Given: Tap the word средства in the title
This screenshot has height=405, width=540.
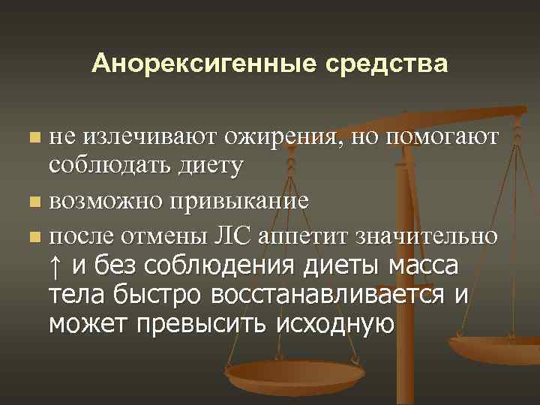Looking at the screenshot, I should [x=385, y=63].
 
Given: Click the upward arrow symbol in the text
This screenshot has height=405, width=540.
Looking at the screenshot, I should [x=56, y=267].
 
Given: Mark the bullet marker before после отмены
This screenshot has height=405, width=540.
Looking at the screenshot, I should [x=33, y=237].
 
